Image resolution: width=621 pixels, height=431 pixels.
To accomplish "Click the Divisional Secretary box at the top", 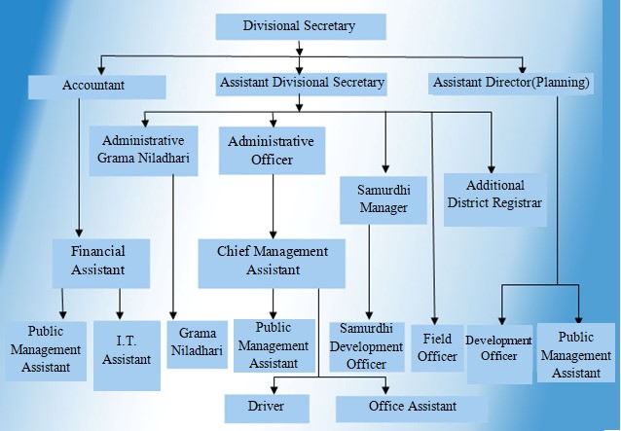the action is coord(301,26).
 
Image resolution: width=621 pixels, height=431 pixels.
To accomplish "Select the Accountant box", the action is coord(96,87).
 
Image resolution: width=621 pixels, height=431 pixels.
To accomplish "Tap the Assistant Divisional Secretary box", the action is coord(301,84).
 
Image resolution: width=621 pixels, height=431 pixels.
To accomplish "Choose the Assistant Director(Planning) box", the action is coord(510,84).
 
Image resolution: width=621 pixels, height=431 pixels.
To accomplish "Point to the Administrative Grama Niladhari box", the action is coord(143,151).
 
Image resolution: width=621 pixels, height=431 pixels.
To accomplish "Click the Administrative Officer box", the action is coord(273,151).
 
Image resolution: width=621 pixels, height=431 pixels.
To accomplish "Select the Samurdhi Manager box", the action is coord(383,199).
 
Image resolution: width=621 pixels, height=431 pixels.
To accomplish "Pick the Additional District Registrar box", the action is coord(495,199).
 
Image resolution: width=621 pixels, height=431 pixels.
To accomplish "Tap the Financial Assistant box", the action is coord(101,264).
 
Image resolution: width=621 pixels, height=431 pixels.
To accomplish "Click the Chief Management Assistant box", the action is coord(272,264).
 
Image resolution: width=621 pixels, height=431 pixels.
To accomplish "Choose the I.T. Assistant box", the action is coord(127,355).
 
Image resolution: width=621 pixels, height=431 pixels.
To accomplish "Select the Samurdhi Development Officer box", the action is coord(367,346).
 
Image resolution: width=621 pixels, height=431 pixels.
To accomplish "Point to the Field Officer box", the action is coord(437,348).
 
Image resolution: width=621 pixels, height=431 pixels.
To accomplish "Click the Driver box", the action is coord(267,408).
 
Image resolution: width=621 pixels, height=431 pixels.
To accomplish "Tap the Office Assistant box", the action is coord(412,408).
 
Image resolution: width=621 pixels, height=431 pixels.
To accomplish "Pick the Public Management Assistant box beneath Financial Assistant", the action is coord(46,351).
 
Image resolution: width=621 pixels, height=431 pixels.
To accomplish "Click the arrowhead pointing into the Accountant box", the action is coord(101,70).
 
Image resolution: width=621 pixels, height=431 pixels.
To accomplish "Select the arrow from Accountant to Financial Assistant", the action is coord(79,167).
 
